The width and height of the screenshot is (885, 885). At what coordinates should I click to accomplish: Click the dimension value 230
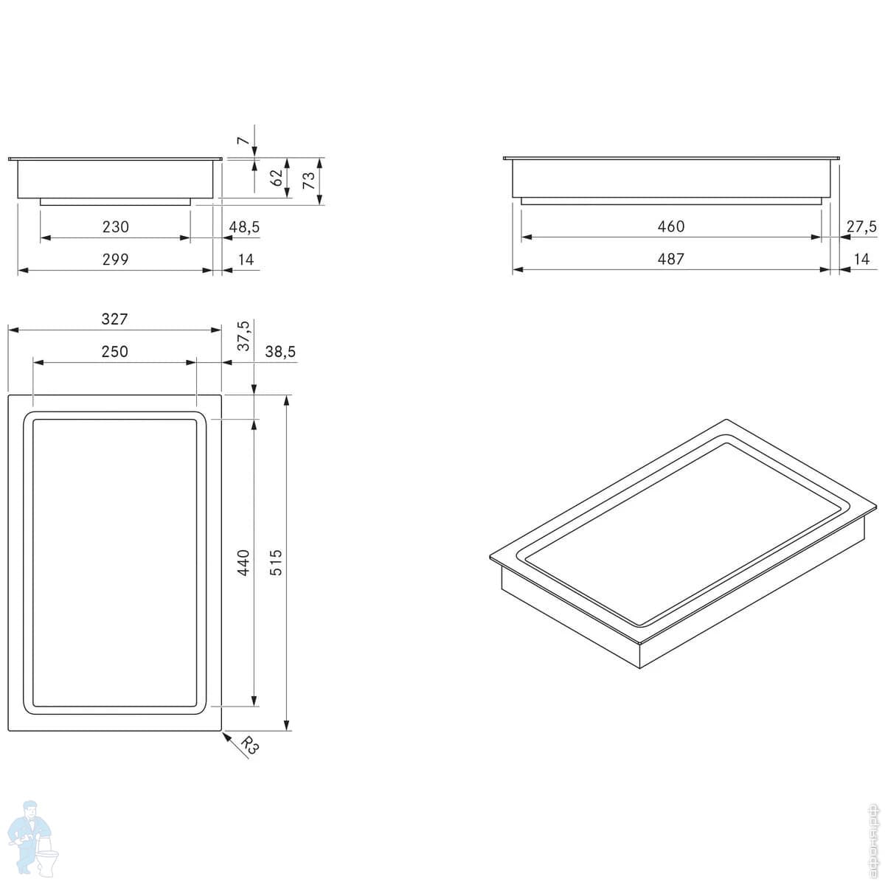[115, 227]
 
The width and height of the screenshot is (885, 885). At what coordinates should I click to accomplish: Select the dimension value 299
[115, 260]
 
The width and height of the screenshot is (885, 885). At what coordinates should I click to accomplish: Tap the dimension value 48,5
[244, 227]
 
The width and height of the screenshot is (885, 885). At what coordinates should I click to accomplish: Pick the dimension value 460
[670, 226]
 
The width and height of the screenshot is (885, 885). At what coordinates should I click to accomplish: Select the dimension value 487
[670, 259]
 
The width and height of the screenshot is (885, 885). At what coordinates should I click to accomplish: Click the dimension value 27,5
[861, 226]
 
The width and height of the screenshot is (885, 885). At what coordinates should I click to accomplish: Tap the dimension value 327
[115, 319]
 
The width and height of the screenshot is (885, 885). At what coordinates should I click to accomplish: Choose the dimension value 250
[115, 352]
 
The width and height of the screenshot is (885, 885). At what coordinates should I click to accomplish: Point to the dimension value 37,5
[244, 336]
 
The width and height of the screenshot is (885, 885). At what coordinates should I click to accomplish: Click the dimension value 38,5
[280, 352]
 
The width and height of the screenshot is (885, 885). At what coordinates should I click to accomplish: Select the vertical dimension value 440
[244, 562]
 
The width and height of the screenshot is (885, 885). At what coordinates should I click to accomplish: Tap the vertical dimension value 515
[277, 562]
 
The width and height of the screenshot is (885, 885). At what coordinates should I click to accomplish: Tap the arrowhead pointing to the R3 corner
[226, 735]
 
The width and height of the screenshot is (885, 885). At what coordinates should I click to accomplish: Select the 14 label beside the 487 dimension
[861, 259]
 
